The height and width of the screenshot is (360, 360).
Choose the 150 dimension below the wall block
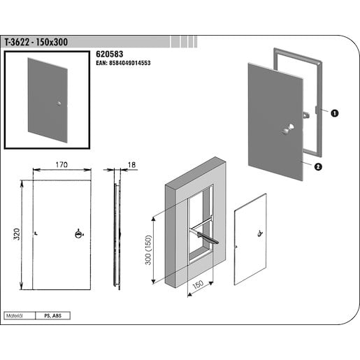[x=198, y=285]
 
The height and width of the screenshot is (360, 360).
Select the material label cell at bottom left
[x=18, y=316]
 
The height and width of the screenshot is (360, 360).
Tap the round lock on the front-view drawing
[x=78, y=234]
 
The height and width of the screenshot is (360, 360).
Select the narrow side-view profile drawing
[x=117, y=234]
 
